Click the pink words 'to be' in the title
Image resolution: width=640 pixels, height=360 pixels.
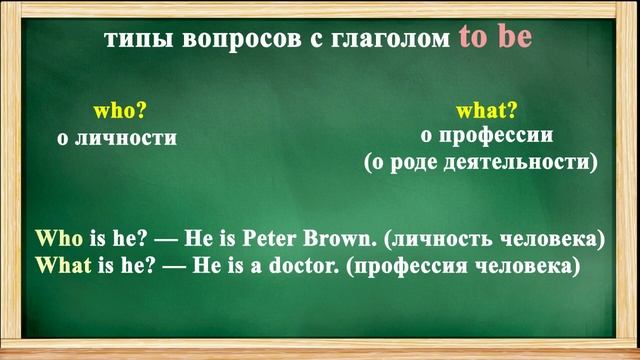tap(496, 38)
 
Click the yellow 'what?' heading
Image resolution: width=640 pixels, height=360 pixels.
tap(487, 110)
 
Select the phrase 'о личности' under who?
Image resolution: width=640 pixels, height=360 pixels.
tap(117, 138)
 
